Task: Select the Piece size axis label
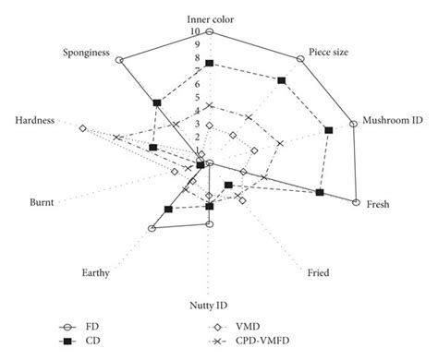[328, 53]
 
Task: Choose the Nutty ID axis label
[210, 305]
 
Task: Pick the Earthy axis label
[97, 272]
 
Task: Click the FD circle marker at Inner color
[210, 31]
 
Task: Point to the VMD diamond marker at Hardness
[83, 128]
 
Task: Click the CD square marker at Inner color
[210, 63]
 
